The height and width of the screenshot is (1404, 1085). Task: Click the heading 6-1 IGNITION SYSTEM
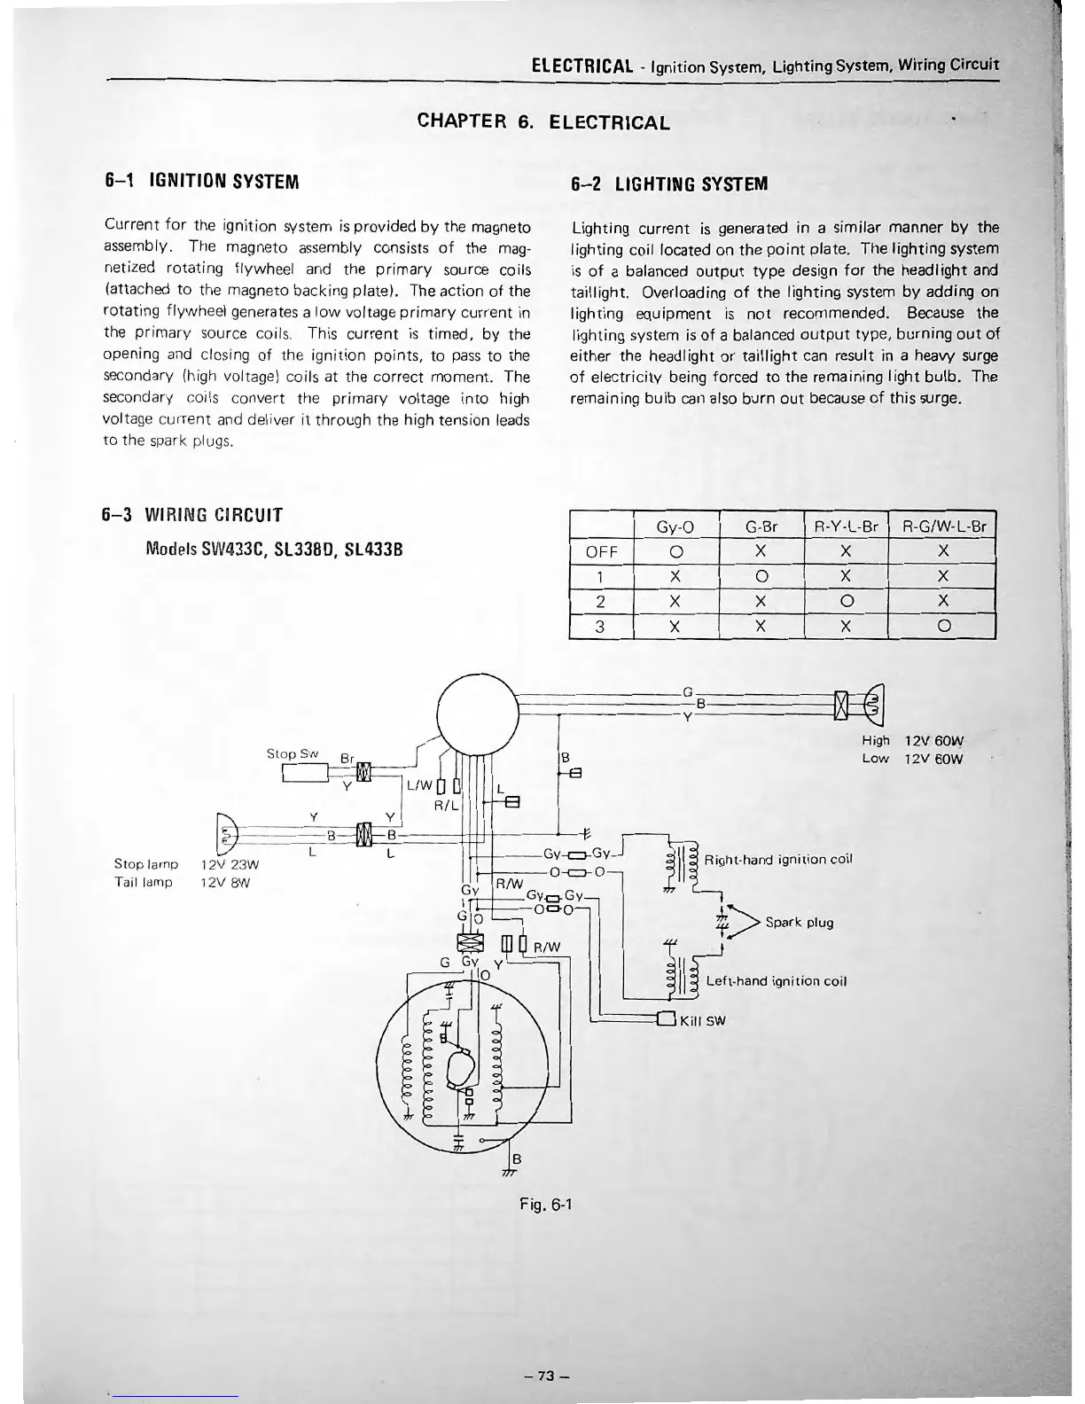click(x=201, y=182)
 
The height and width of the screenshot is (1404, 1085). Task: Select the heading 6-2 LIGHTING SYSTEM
click(x=669, y=183)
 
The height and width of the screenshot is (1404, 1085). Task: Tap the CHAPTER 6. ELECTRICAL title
click(x=543, y=121)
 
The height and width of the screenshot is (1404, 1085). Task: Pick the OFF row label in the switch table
click(x=602, y=551)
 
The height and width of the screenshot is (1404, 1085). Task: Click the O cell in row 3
click(x=943, y=627)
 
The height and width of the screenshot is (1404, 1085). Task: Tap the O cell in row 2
click(x=846, y=602)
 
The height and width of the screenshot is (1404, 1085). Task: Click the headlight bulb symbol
click(x=872, y=705)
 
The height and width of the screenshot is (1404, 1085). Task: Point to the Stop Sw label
click(x=293, y=753)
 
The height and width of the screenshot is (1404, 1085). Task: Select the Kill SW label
click(x=702, y=1020)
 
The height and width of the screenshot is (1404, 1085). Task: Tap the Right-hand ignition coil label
click(x=777, y=860)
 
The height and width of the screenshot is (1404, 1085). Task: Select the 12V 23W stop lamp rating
click(x=228, y=864)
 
